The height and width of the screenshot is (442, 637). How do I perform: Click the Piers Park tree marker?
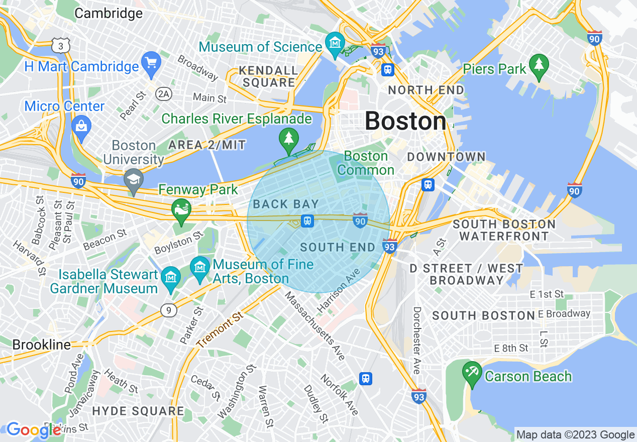tap(539, 66)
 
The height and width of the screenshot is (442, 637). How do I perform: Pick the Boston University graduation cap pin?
tap(133, 180)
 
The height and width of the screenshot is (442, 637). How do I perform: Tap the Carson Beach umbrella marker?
tap(472, 373)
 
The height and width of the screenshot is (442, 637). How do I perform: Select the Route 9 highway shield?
tap(169, 311)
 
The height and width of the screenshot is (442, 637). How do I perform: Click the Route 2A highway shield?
tap(164, 94)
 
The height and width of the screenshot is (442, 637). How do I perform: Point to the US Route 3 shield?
tap(60, 46)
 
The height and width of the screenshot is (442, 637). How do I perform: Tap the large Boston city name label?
tap(405, 121)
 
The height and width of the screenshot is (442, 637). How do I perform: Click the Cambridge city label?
tap(108, 13)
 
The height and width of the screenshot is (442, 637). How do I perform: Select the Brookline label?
tap(41, 345)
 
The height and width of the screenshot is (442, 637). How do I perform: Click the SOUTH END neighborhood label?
tap(338, 247)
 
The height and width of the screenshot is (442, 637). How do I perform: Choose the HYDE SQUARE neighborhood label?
tap(138, 411)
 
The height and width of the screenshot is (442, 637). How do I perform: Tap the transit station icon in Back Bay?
tap(307, 221)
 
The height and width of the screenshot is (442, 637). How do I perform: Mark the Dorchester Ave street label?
tap(416, 340)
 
